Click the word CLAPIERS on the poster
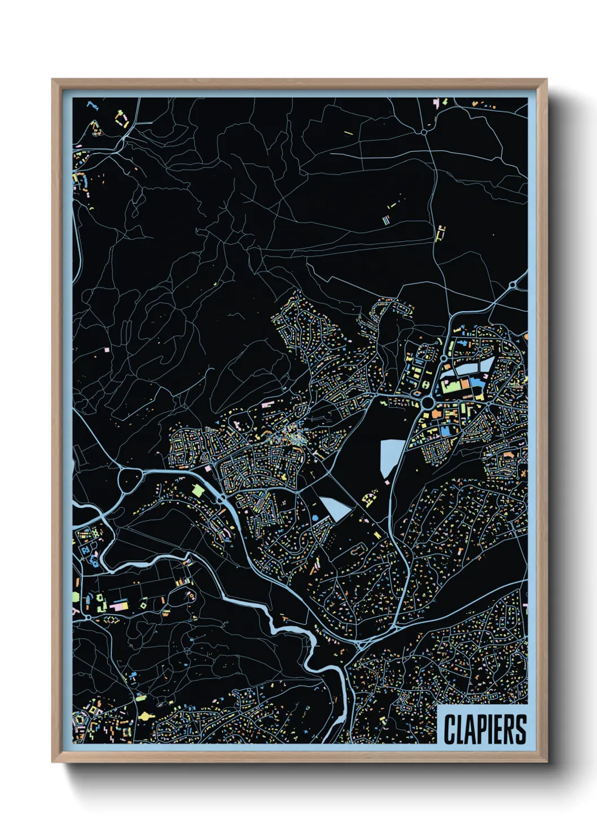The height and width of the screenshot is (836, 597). point(485,729)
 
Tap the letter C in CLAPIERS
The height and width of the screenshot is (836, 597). point(449,729)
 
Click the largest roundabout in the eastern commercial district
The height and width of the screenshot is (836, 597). point(427,403)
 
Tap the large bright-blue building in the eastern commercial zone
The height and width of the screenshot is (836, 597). point(446,431)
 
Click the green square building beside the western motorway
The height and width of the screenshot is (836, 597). point(197,490)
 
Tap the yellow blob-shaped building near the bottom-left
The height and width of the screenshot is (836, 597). point(146,716)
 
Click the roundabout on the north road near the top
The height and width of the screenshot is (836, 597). point(424,132)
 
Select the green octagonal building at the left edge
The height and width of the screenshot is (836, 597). point(76,596)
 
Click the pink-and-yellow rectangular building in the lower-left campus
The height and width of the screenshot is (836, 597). point(119,606)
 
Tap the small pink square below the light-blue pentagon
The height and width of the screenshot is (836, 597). point(387,482)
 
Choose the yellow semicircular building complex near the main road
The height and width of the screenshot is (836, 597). point(370,498)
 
